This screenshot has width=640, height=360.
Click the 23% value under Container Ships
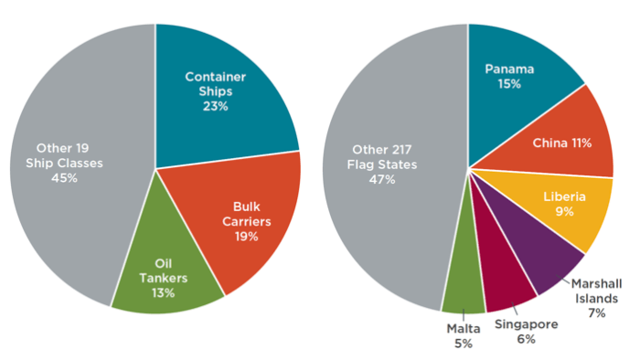click(216, 106)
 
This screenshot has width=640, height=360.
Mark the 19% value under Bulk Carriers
click(246, 236)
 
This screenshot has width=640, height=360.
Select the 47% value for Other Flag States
click(382, 179)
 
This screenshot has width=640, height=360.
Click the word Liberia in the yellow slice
click(564, 196)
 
